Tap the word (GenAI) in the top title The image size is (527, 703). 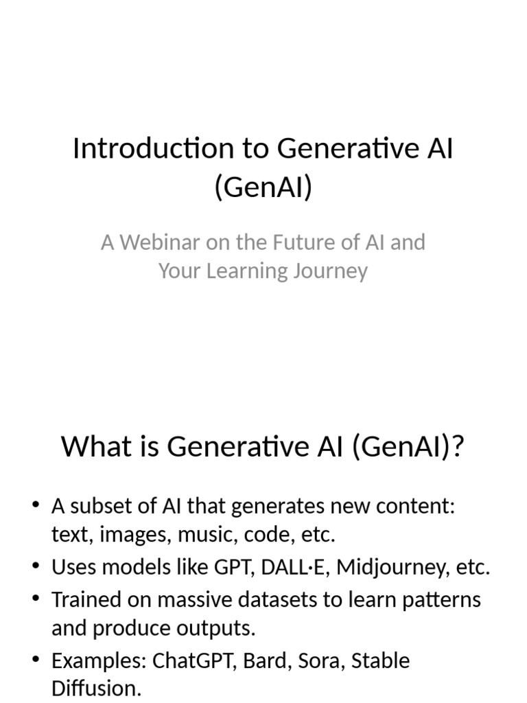tap(263, 186)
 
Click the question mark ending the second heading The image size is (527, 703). tap(458, 447)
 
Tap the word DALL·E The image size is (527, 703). tap(284, 568)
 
